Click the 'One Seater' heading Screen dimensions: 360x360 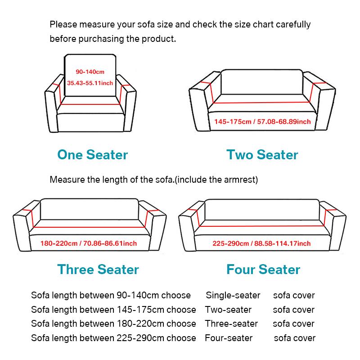coord(92,155)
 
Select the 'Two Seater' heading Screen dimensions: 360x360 coord(262,155)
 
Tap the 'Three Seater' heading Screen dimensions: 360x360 coord(98,270)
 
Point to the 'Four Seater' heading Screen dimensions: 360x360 coord(263,270)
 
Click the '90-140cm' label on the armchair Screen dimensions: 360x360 coord(90,72)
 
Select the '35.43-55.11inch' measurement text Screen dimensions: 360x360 coord(90,83)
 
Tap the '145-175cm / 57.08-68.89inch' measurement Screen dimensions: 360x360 coord(262,122)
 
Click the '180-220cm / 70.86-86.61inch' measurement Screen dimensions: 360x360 coord(89,243)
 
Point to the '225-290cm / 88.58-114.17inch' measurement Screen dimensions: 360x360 coord(261,243)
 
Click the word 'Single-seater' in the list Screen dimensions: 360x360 coord(233,296)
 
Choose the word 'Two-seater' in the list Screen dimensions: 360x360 coord(228,310)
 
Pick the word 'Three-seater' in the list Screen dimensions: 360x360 coord(231,324)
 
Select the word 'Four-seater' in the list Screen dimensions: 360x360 coord(229,337)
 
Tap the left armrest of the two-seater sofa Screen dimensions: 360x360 coord(198,106)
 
